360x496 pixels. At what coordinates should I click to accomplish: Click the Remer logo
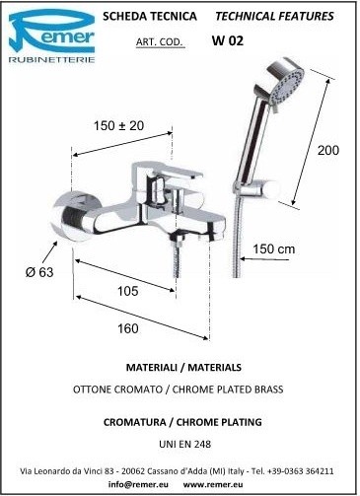(51, 36)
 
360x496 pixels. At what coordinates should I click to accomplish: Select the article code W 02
(228, 40)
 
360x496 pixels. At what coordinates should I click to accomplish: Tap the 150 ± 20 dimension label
(118, 125)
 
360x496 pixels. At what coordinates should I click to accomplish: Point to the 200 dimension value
(327, 150)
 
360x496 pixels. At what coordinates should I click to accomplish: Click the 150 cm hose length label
(273, 248)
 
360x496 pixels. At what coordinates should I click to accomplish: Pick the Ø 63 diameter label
(39, 272)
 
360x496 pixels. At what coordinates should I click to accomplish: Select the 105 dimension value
(128, 291)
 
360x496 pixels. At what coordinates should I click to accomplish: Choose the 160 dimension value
(128, 328)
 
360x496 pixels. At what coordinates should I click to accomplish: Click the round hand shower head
(285, 84)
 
